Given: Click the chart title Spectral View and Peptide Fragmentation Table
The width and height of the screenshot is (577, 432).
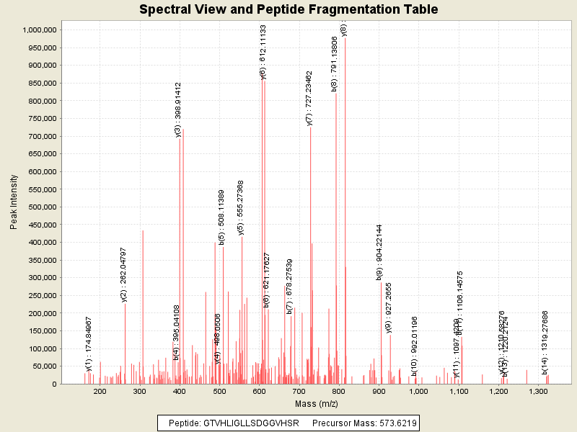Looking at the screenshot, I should pyautogui.click(x=288, y=9).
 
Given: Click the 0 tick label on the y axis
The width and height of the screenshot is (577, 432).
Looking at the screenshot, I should pyautogui.click(x=54, y=384).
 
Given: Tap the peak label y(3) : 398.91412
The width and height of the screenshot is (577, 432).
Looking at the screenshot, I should pyautogui.click(x=177, y=109).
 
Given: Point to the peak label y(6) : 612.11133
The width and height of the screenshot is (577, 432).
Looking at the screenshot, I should pyautogui.click(x=263, y=52).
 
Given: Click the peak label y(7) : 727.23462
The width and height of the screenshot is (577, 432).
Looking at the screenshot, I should pyautogui.click(x=309, y=98).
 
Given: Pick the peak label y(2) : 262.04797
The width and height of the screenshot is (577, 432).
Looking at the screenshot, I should pyautogui.click(x=124, y=274).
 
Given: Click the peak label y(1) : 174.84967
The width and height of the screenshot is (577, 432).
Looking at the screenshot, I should pyautogui.click(x=89, y=344).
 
